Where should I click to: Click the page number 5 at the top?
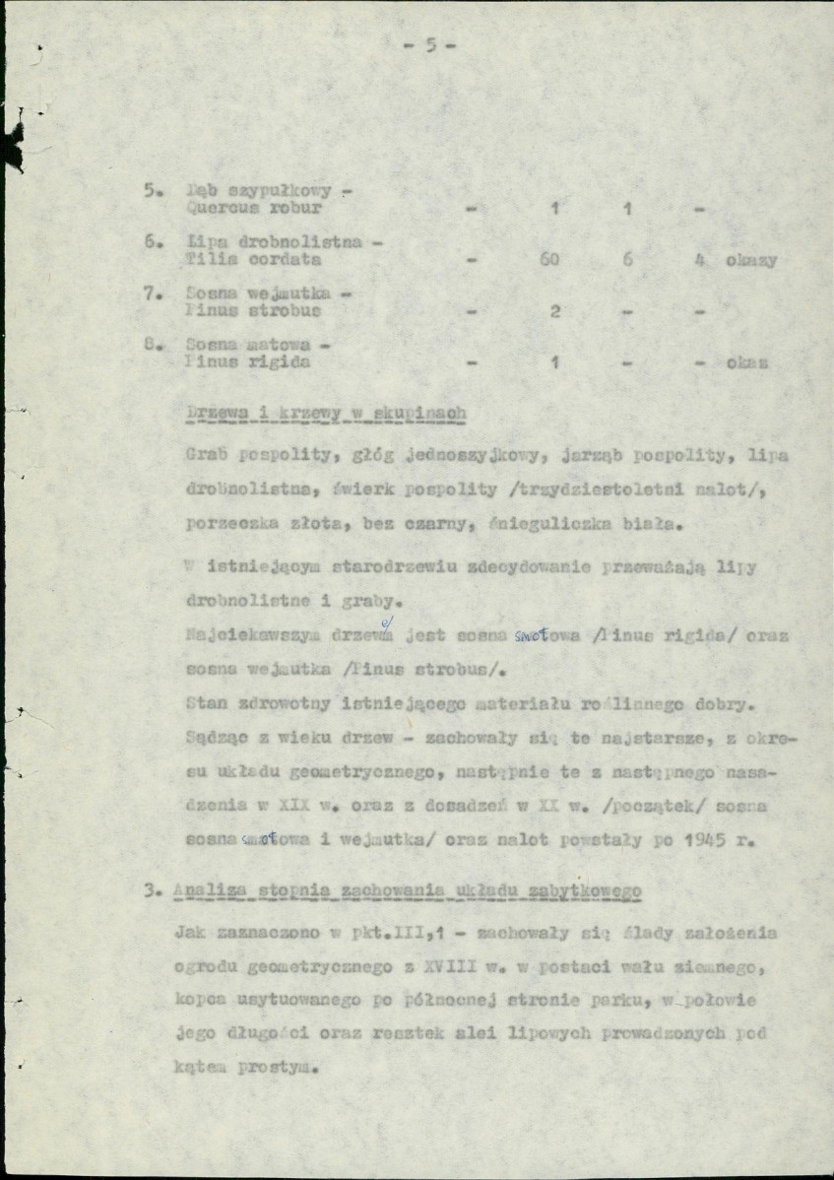coord(428,44)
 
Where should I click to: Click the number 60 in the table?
coord(549,261)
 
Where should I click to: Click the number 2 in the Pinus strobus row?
coord(555,311)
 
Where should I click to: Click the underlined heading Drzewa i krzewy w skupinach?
coord(325,414)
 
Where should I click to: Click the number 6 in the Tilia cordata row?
coord(626,261)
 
